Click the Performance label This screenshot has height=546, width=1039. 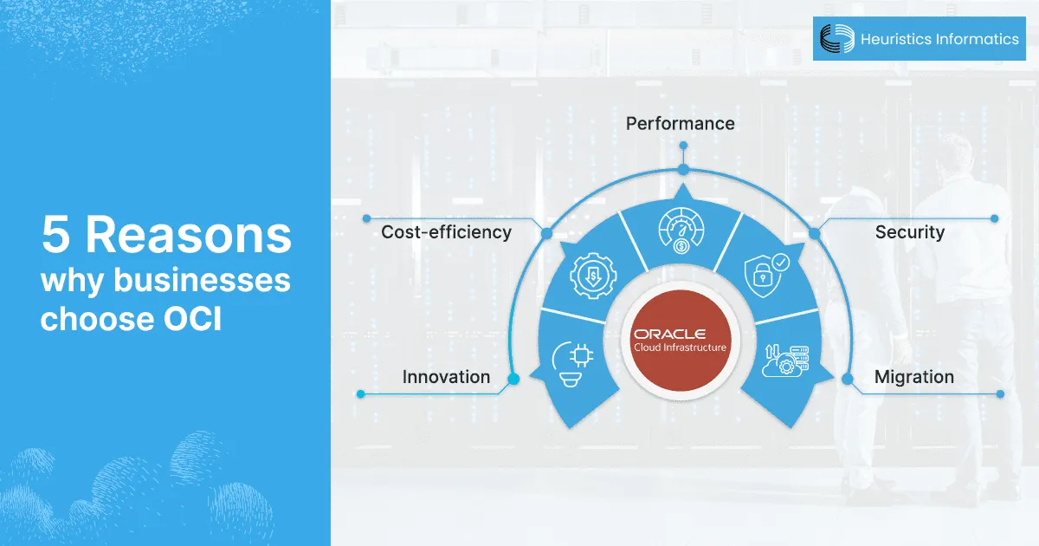pos(681,124)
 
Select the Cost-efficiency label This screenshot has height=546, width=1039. pos(447,232)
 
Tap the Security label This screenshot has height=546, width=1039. pos(909,232)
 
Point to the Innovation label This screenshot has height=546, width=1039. pos(446,377)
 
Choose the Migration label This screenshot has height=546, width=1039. pos(913,377)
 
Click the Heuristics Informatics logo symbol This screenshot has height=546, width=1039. pos(836,39)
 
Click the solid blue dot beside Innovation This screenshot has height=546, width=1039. pos(513,379)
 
